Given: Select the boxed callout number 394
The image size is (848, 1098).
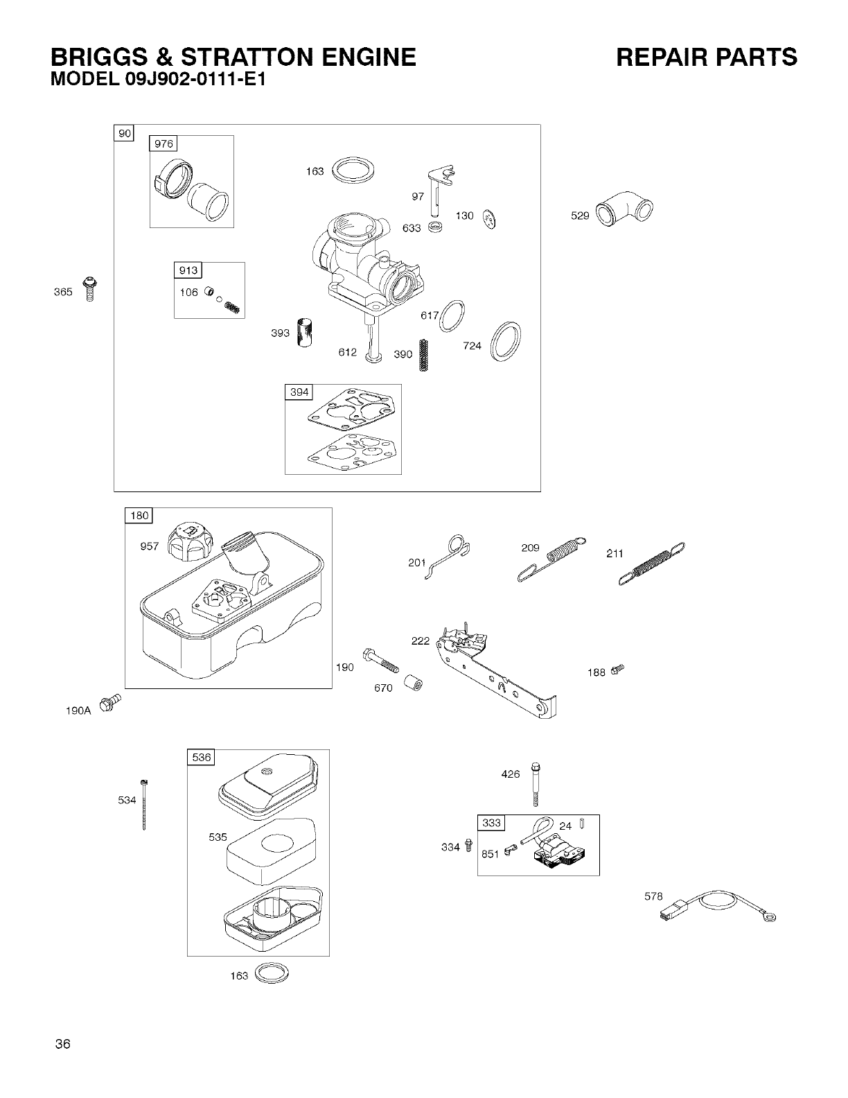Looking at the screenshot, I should click(x=299, y=392).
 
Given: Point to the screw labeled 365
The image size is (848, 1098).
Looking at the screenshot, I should click(x=88, y=290).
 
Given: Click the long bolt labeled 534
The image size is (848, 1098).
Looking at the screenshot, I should click(x=145, y=804).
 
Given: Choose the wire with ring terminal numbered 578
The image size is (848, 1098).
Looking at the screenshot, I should click(x=721, y=907).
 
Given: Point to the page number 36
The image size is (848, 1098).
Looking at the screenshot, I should click(x=64, y=1045).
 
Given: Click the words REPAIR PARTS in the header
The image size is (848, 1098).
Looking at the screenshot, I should click(x=707, y=57).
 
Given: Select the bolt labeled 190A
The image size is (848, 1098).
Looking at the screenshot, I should click(x=110, y=701).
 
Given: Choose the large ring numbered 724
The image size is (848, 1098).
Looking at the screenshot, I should click(x=506, y=342).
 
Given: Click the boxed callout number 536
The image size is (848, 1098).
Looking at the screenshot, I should click(x=202, y=758).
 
